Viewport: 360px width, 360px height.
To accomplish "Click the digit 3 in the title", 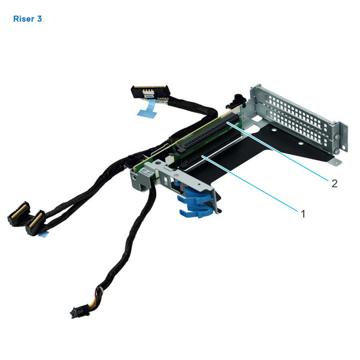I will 40,19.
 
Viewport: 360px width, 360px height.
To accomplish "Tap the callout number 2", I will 334,183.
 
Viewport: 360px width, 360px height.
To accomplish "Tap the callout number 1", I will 303,214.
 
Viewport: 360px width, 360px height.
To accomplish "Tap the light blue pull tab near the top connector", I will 145,111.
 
